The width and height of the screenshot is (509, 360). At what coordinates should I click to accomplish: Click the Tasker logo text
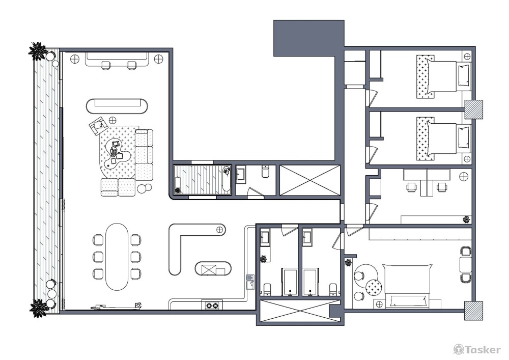pos(483,350)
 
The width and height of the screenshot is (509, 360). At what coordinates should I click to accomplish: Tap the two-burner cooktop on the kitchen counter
pos(212,305)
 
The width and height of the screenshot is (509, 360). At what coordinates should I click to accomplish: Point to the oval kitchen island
pos(213,268)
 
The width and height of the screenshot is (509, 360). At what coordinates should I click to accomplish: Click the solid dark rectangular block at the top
pos(309,38)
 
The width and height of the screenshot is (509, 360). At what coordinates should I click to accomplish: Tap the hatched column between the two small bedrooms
pos(473,109)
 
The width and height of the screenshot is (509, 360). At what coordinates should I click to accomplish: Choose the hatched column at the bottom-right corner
pos(473,311)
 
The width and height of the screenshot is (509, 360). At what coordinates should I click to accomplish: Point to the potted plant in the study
pos(466,219)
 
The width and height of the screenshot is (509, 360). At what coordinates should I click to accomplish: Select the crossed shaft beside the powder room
pos(310,180)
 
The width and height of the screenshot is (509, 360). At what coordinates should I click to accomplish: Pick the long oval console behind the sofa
pos(117,106)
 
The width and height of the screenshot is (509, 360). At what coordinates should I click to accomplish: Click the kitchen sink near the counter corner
pos(250,282)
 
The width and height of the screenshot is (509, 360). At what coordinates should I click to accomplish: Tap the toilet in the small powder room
pos(265,172)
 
